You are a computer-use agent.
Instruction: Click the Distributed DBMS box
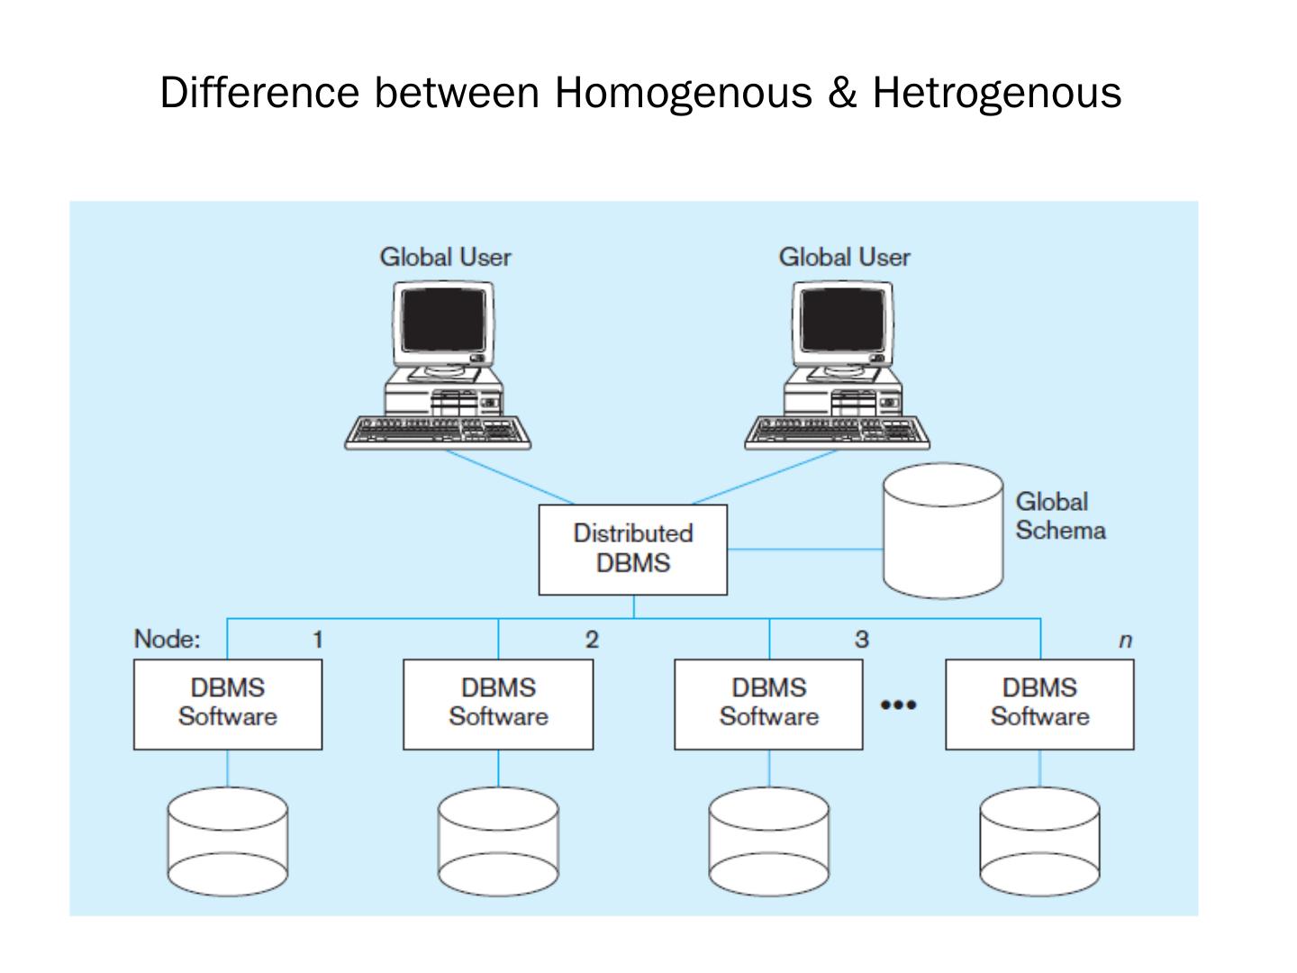pos(632,549)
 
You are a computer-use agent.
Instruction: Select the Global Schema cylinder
pos(942,531)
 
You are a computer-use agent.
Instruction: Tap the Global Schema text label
pos(1059,516)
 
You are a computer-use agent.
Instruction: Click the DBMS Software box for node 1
pos(227,704)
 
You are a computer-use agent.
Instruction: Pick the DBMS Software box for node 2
pos(498,704)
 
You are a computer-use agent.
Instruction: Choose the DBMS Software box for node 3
pos(768,704)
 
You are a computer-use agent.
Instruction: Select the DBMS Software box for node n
pos(1039,704)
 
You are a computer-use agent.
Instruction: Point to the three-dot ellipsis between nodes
pos(898,705)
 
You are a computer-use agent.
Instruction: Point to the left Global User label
pos(445,258)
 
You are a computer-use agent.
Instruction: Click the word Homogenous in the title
pos(683,93)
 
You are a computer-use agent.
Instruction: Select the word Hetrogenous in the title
pos(996,93)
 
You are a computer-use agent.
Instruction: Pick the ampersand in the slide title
pos(841,93)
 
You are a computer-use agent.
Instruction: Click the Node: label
pos(167,640)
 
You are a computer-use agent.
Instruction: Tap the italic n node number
pos(1124,641)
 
